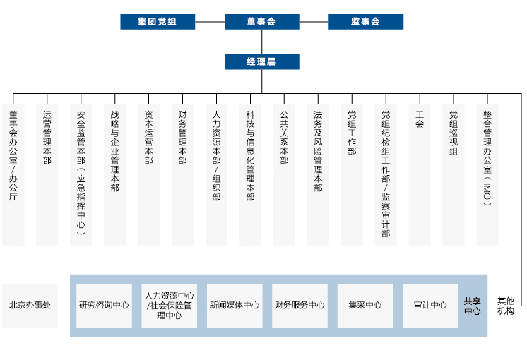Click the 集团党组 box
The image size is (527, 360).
[158, 22]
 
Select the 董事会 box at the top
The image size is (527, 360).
[262, 22]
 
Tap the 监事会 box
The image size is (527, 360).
[366, 22]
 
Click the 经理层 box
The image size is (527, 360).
[262, 62]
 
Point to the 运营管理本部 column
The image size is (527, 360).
[47, 174]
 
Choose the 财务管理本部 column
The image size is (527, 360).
[182, 174]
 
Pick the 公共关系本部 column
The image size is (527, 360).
[284, 174]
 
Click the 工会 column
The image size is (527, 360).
[420, 174]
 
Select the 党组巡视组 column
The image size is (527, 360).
[454, 174]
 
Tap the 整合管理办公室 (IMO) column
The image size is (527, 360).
[487, 174]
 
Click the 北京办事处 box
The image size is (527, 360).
[30, 306]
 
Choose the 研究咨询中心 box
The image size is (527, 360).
[104, 306]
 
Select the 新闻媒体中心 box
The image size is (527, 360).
[235, 306]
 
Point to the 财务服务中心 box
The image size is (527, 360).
[300, 306]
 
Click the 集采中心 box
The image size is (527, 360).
[365, 306]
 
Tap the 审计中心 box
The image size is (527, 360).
[430, 306]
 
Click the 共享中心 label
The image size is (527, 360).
[472, 306]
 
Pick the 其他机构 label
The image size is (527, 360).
[506, 306]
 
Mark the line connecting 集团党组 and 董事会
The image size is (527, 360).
[210, 22]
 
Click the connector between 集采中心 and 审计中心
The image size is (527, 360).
[398, 306]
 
